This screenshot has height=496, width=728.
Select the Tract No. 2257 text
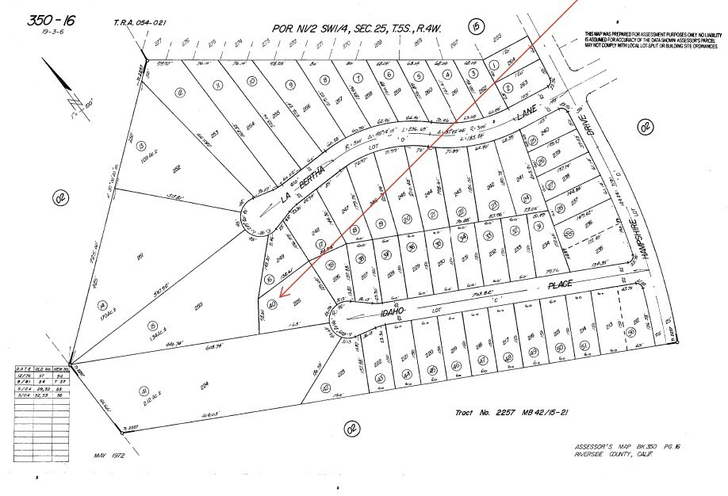click(x=490, y=413)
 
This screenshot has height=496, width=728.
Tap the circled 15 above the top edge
click(x=475, y=27)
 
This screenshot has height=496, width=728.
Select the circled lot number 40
click(x=272, y=304)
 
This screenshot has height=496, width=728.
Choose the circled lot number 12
click(x=180, y=93)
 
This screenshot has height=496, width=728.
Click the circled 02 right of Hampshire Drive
click(x=646, y=125)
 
